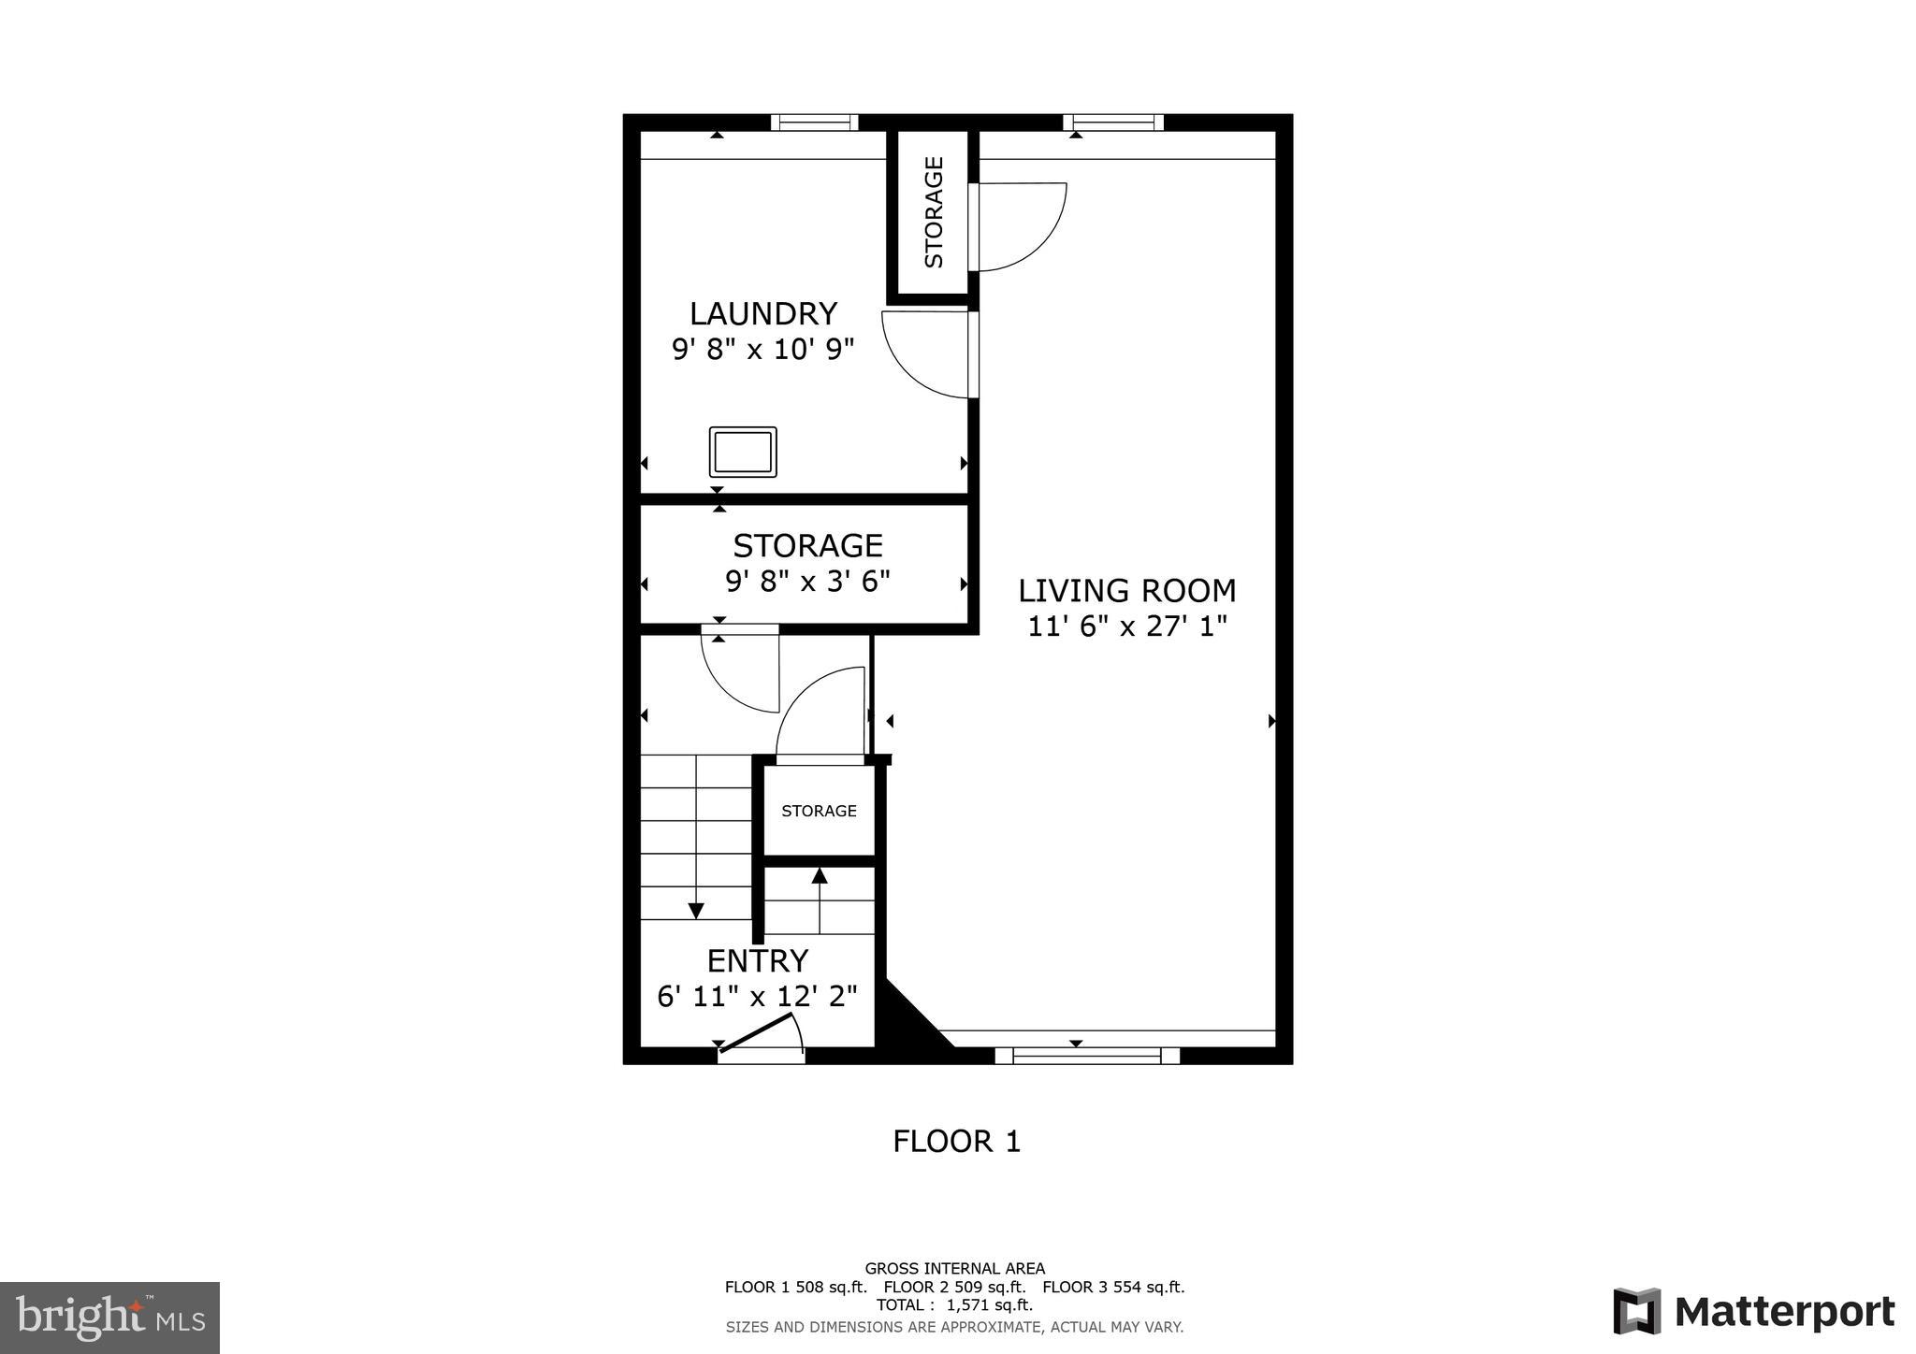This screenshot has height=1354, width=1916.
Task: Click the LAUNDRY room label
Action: click(x=762, y=313)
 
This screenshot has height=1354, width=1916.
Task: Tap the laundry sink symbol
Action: click(x=743, y=452)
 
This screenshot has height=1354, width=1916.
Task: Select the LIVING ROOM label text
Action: click(x=1126, y=591)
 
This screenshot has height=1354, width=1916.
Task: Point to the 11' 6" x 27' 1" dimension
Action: click(x=1126, y=627)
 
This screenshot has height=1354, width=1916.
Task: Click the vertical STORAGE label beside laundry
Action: click(x=934, y=212)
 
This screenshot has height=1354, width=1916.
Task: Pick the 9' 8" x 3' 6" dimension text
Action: click(x=807, y=582)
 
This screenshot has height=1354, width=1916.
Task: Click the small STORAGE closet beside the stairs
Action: click(x=819, y=811)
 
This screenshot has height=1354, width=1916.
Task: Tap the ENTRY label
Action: click(x=757, y=961)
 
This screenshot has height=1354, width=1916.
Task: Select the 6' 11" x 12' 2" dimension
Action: click(x=757, y=997)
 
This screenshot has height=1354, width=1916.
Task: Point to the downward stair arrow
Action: click(x=696, y=909)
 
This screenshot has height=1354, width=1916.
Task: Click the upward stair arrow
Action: click(x=820, y=876)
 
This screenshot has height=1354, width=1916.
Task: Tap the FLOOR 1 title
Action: click(x=956, y=1142)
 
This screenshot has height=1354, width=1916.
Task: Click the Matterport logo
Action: click(x=1753, y=1312)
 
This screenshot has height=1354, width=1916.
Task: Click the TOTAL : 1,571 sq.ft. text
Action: click(x=954, y=1305)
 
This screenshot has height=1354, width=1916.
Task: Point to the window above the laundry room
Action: click(x=814, y=122)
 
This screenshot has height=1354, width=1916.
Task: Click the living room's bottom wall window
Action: click(x=1086, y=1057)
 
